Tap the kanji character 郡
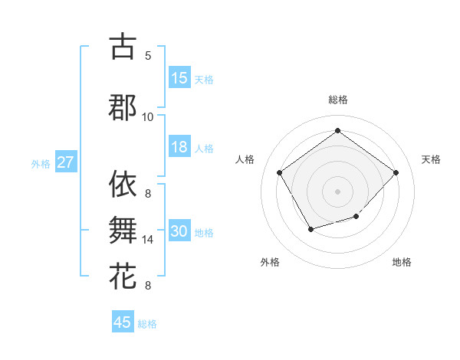[x=123, y=107]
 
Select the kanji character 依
[x=123, y=184]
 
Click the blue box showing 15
[x=179, y=78]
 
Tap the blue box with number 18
[x=179, y=147]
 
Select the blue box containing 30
[x=179, y=231]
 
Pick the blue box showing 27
[x=66, y=162]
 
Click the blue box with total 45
[x=123, y=322]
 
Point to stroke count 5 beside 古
[x=148, y=56]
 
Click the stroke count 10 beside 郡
[x=148, y=117]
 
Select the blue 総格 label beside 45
[x=147, y=324]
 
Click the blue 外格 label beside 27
[x=41, y=163]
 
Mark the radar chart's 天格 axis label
[x=431, y=159]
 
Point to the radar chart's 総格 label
[x=337, y=100]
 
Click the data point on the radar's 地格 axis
[x=356, y=217]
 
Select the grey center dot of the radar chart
[x=337, y=191]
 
